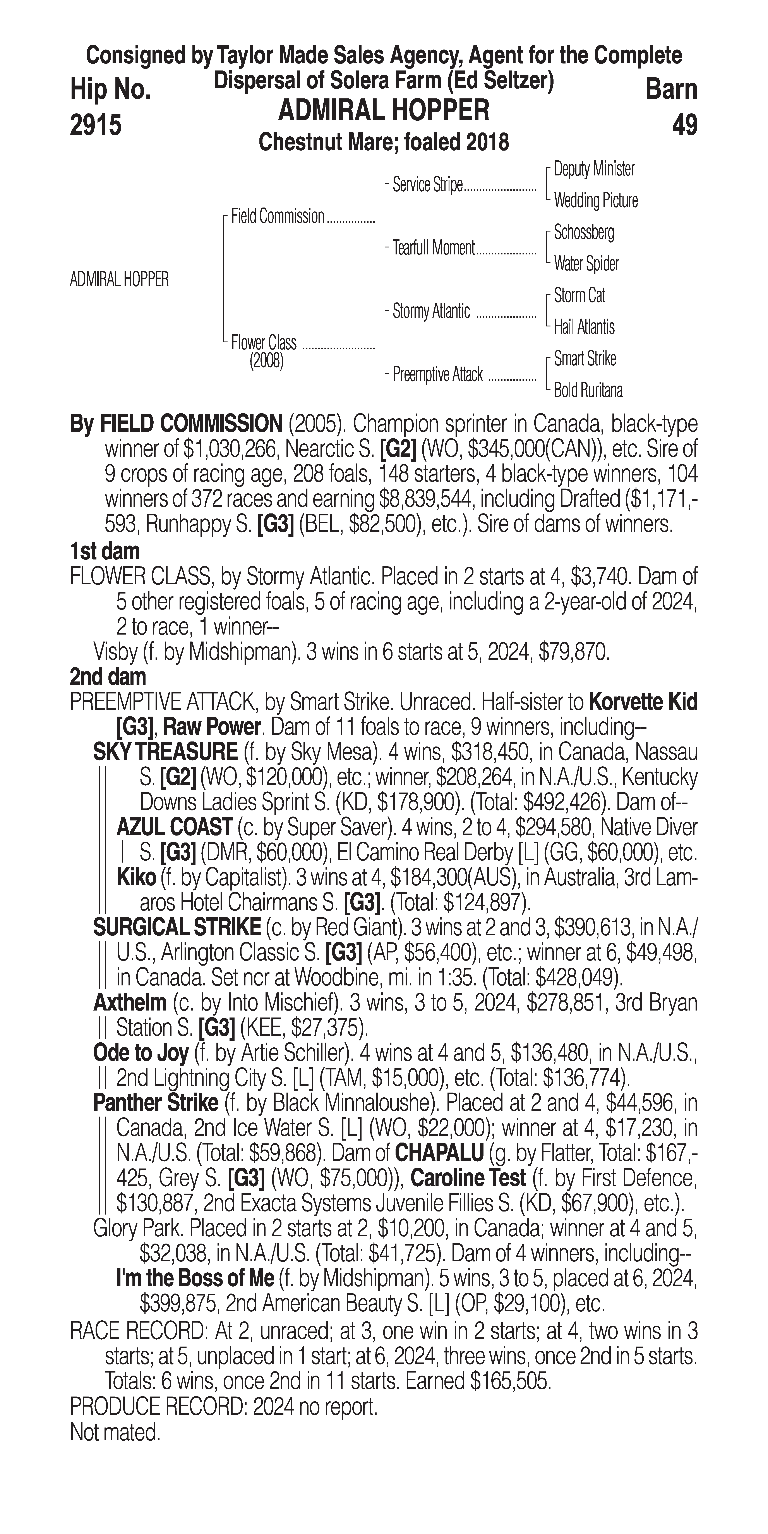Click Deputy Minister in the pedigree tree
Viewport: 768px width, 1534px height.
pos(593,169)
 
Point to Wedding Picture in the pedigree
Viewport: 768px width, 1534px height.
pos(595,201)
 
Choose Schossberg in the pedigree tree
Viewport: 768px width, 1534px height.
pos(583,232)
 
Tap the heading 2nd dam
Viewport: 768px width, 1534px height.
pos(108,676)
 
